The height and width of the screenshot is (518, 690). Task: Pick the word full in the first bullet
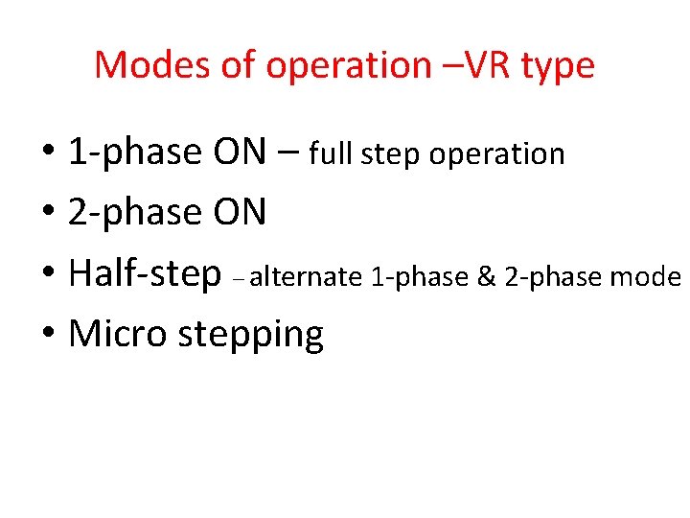click(328, 153)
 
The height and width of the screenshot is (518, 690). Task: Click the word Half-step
click(145, 274)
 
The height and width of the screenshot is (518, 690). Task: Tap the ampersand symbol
click(485, 277)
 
